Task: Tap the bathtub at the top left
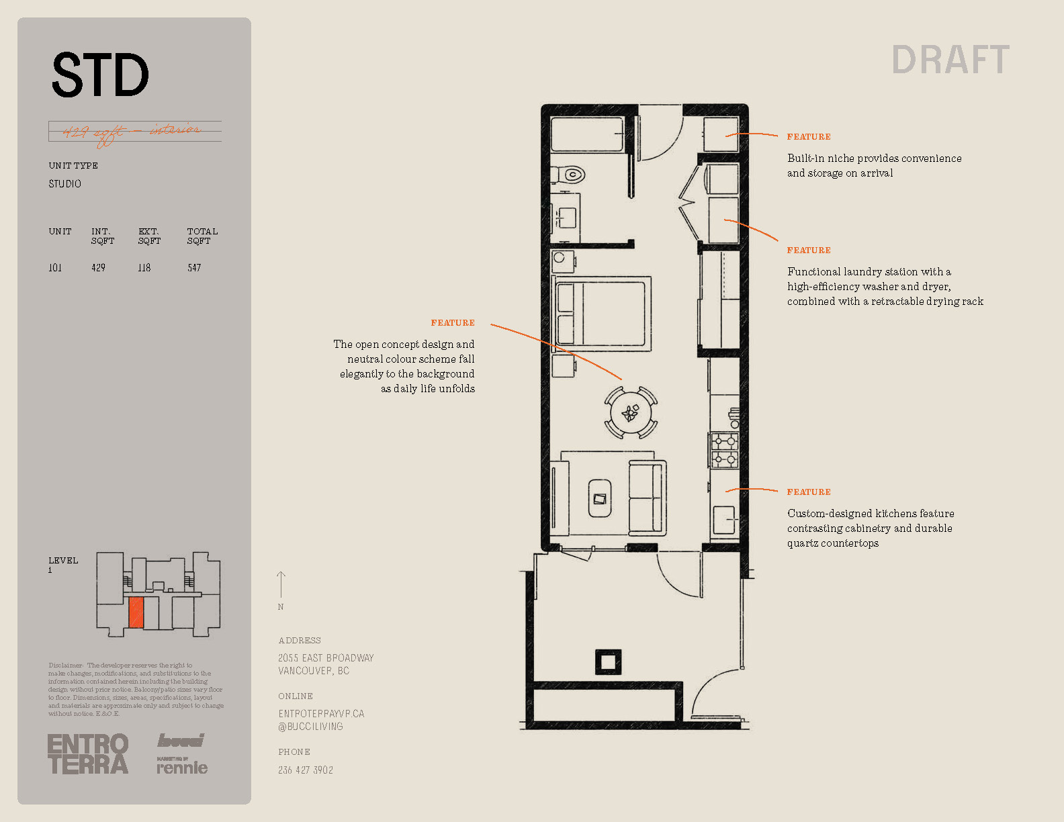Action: pos(587,134)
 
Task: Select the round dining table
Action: pos(630,412)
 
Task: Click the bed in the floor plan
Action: pos(602,313)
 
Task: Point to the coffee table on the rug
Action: pos(599,498)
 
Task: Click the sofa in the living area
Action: pos(648,498)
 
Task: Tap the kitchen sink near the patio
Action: pos(723,520)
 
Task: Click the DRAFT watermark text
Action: pos(950,60)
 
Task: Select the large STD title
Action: pos(100,75)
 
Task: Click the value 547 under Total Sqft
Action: pos(194,268)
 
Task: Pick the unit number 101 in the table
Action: pos(55,268)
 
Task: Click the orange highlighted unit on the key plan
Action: pos(136,612)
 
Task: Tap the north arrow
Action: pos(281,584)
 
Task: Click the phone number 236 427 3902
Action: pos(306,770)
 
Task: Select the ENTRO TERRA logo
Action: pos(88,754)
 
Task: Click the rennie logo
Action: pos(182,768)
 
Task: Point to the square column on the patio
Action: pos(608,662)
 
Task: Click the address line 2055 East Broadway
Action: pos(326,658)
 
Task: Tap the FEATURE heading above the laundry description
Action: pos(809,250)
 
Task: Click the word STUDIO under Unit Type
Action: pos(64,184)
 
